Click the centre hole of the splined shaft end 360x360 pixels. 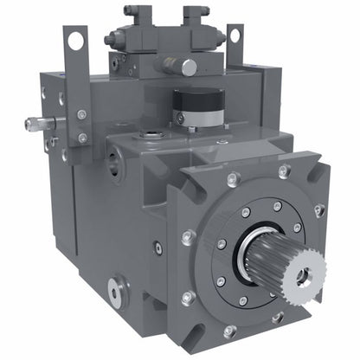tap(302, 276)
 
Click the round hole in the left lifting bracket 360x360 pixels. tap(75, 39)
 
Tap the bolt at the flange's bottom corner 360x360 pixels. tap(229, 330)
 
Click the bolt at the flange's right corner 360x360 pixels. tap(320, 209)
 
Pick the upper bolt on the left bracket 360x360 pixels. tap(81, 114)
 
